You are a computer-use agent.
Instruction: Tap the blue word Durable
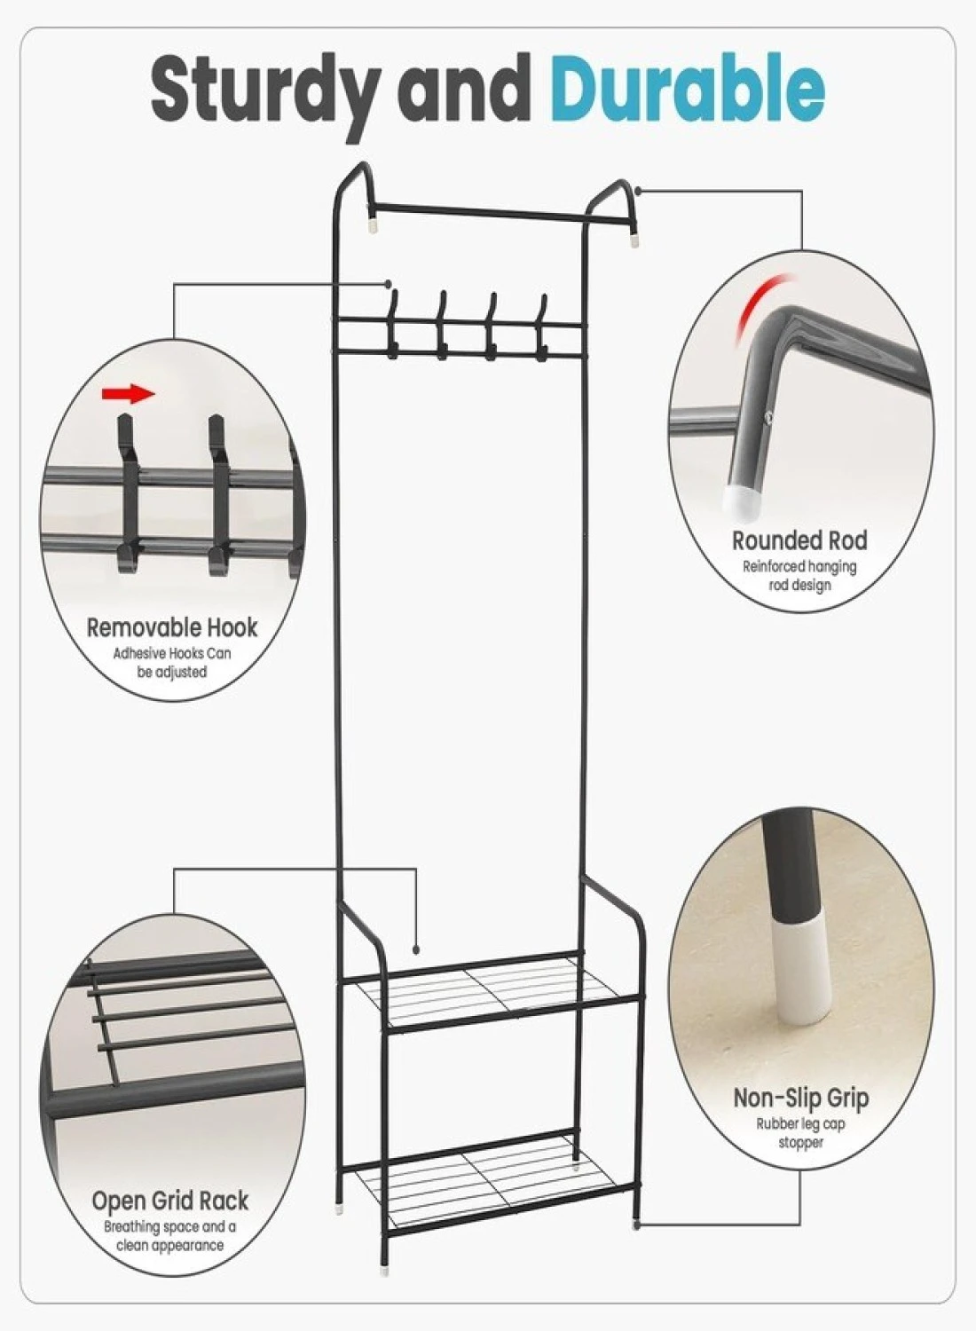coord(688,87)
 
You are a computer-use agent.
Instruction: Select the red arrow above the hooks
coord(129,393)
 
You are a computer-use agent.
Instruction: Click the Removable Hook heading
coord(172,627)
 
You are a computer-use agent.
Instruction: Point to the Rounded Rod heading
coord(799,540)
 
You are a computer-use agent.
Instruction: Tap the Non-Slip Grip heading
coord(800,1099)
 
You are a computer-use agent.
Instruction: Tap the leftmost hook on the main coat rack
coord(392,324)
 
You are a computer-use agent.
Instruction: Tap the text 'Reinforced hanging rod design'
coord(799,576)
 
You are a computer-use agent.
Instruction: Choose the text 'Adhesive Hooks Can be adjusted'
coord(172,663)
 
